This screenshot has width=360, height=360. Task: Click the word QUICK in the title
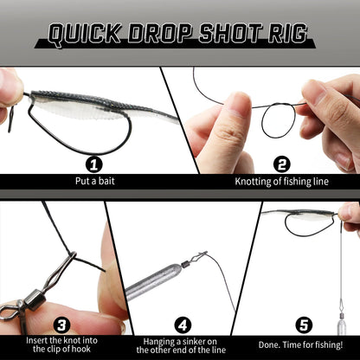[x=84, y=34]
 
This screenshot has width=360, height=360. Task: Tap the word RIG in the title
[x=286, y=33]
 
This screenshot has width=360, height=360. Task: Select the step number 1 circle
[x=94, y=164]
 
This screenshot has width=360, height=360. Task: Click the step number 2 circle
[x=281, y=164]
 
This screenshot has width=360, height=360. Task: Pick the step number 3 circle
[x=61, y=325]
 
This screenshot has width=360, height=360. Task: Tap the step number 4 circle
[x=183, y=325]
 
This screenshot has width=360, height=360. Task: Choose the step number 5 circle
[x=304, y=325]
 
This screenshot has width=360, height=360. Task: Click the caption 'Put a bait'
[x=95, y=181]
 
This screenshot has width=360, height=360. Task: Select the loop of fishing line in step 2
[x=279, y=120]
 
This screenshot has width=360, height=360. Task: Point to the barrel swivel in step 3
[x=35, y=299]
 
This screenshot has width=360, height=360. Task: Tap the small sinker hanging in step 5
[x=340, y=323]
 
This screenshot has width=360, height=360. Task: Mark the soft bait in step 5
[x=300, y=215]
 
